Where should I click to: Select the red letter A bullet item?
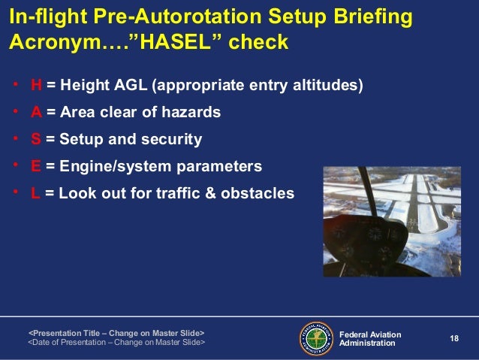point(36,113)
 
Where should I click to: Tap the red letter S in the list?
point(35,139)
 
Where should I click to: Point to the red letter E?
point(35,165)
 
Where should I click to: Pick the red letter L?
point(35,192)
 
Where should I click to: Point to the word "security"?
point(171,139)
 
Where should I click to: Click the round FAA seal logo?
point(317,337)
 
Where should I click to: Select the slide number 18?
point(453,338)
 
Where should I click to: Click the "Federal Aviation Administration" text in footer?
point(370,338)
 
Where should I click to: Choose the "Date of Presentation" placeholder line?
point(116,342)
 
